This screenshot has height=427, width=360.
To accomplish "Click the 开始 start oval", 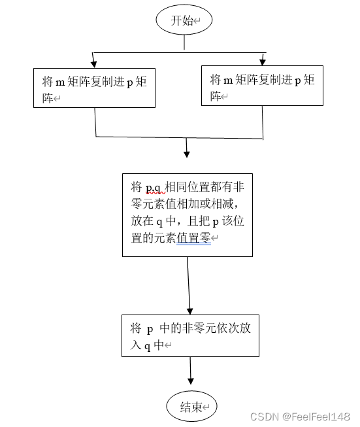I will pos(184,21).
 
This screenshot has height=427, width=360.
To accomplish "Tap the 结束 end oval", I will pos(191,407).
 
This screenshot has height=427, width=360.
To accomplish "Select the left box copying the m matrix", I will pos(95,88).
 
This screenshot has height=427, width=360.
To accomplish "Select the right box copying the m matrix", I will pos(262,86).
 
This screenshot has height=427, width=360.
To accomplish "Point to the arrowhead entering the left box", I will pos(94,63).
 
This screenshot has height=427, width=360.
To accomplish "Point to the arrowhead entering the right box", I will pos(263,61).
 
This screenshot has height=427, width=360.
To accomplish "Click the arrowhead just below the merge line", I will pos(187,154).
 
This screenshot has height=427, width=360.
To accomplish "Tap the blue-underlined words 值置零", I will pos(193,239).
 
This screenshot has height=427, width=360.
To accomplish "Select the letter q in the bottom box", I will pos(148,346).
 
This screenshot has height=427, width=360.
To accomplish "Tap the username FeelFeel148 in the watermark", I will pos(321,417).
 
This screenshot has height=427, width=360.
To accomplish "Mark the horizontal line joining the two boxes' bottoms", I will pos(179,137).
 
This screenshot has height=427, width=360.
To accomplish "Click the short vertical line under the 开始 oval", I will pos(184,43).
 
